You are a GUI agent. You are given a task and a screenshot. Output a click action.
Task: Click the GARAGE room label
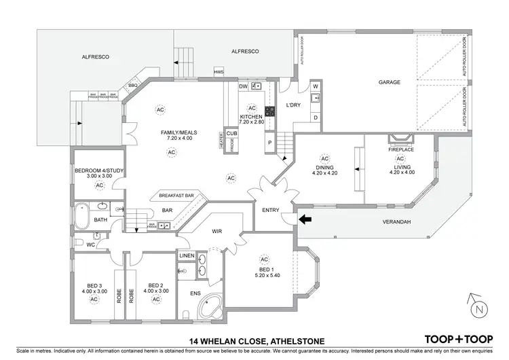[x=390, y=82]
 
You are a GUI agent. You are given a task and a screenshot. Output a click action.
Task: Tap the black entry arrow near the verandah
[x=306, y=219]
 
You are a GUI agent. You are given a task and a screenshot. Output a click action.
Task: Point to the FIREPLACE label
[x=400, y=149]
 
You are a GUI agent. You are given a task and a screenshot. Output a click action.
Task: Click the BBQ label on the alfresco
[x=133, y=86]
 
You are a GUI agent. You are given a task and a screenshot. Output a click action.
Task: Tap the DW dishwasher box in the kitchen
[x=243, y=86]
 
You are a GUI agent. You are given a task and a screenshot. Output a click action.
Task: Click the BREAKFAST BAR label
[x=176, y=196]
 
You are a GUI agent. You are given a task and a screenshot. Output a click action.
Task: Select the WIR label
[x=217, y=231]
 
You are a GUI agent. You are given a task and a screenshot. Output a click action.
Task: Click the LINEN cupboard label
[x=187, y=255]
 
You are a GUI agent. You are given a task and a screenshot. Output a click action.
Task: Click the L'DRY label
[x=294, y=105]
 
